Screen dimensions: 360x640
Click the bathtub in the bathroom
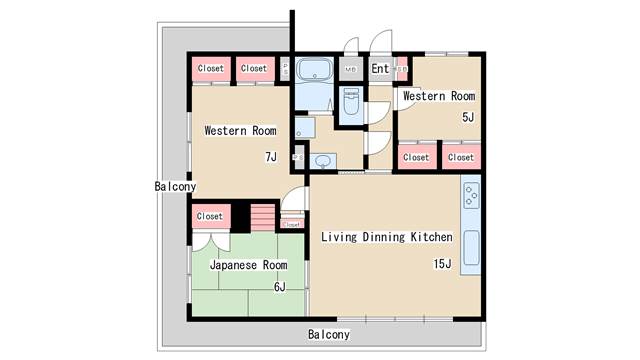pos(318,71)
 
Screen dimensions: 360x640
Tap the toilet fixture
pos(351,103)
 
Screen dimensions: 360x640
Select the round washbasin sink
pos(322,161)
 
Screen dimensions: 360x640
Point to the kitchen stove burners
pos(470,196)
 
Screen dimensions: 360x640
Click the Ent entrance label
pos(381,69)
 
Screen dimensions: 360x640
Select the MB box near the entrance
pos(350,70)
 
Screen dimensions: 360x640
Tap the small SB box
pos(402,69)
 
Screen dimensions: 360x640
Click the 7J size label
pos(270,157)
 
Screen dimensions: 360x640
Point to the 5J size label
pos(467,117)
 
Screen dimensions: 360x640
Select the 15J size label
pos(442,264)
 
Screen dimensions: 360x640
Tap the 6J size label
pos(279,287)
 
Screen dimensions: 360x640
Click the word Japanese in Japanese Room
pos(233,266)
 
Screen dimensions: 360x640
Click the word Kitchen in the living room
pos(432,237)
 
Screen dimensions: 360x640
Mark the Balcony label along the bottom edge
pos(328,334)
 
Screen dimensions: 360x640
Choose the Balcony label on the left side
pos(175,187)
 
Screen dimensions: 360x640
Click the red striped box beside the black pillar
pos(262,216)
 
